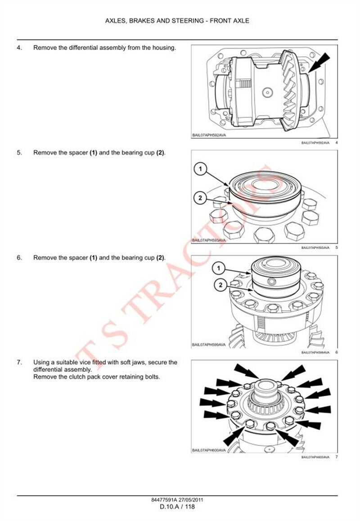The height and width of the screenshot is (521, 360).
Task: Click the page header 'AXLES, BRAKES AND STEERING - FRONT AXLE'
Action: click(177, 21)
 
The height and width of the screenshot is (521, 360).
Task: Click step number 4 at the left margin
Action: click(19, 48)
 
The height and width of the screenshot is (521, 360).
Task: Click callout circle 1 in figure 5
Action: click(200, 169)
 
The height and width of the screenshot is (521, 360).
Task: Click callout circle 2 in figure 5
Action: click(200, 199)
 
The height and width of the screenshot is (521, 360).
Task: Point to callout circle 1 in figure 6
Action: click(219, 268)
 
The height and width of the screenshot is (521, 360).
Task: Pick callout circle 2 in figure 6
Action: click(220, 285)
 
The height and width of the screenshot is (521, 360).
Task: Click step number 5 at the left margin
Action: click(19, 153)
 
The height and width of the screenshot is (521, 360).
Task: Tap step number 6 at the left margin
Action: click(19, 258)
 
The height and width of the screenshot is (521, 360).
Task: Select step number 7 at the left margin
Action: click(19, 362)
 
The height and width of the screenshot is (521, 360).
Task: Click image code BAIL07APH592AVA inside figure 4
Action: click(209, 135)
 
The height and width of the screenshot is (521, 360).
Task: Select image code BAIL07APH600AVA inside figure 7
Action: click(209, 450)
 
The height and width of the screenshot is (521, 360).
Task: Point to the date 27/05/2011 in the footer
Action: click(191, 500)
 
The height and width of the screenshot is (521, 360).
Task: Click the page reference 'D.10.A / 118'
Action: click(177, 507)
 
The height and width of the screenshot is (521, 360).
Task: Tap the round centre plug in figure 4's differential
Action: click(267, 92)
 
